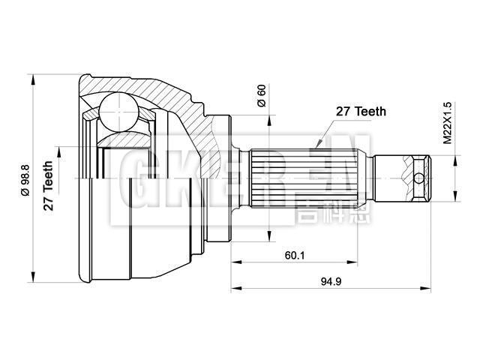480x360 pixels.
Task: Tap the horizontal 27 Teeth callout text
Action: pyautogui.click(x=360, y=112)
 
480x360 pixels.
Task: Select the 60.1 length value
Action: pyautogui.click(x=294, y=255)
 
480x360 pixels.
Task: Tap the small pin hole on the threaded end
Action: pyautogui.click(x=419, y=178)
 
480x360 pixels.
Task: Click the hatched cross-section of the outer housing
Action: pyautogui.click(x=180, y=97)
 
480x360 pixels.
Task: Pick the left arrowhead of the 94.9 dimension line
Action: pyautogui.click(x=234, y=288)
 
